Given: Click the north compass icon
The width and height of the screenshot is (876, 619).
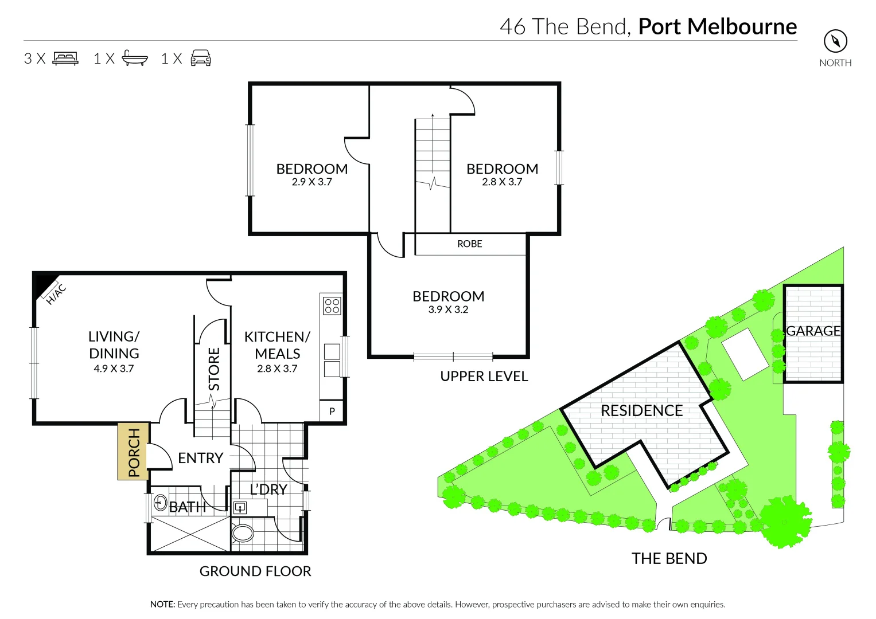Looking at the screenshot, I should (835, 41).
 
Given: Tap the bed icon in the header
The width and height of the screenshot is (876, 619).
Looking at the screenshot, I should (65, 58).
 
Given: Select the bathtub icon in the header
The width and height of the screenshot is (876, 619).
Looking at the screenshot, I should (135, 58).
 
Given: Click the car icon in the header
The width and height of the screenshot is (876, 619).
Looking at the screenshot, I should (201, 58).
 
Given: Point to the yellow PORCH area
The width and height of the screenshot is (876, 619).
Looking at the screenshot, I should (133, 452).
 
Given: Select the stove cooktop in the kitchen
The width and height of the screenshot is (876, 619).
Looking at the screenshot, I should (332, 305).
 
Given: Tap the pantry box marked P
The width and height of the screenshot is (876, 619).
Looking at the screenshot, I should (332, 411).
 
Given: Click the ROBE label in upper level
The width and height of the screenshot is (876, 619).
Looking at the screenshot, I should (469, 244).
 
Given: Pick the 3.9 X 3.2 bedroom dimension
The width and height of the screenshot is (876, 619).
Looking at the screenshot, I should (448, 309).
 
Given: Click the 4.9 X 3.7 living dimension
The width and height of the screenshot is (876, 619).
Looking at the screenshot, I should (114, 369).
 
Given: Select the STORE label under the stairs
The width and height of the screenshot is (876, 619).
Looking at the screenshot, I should (213, 369).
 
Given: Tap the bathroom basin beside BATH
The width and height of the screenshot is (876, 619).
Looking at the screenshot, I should (160, 503).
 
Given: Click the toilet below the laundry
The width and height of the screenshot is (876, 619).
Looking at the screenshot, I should (242, 534).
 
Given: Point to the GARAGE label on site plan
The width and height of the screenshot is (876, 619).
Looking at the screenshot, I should (813, 331).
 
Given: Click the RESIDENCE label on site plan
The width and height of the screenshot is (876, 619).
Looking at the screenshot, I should (641, 411).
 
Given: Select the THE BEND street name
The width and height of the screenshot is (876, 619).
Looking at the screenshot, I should (669, 558).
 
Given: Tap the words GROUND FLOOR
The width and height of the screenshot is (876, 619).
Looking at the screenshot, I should (255, 571).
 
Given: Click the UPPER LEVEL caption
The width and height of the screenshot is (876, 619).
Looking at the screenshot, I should (484, 377).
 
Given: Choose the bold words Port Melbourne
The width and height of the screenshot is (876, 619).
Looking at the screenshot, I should (717, 27).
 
